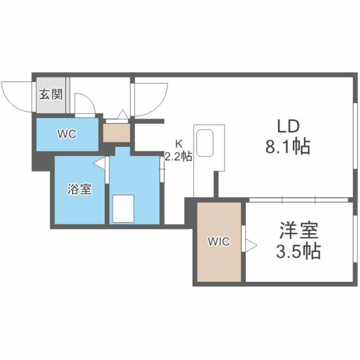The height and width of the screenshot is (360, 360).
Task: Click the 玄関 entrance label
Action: pos(51,94)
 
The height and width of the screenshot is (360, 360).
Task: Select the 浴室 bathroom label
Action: pos(79,190)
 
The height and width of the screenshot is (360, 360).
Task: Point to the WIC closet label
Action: pos(218,242)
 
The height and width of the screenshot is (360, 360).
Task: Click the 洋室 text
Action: pos(299,231)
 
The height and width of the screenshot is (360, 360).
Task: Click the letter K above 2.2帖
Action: pos(178,143)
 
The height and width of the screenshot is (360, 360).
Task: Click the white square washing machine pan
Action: pos(123,208)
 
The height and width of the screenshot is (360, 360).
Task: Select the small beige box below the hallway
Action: pos(116,133)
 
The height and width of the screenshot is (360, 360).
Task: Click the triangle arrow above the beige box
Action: pos(122,115)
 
